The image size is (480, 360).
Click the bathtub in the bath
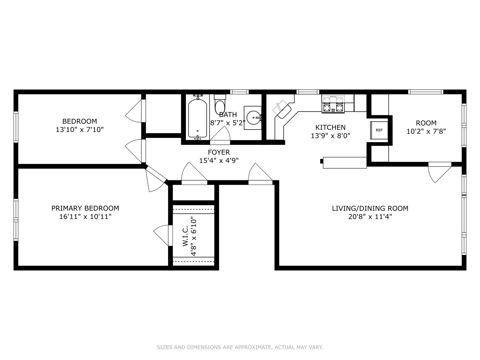coord(197,118)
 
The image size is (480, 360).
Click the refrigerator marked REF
coord(379,130)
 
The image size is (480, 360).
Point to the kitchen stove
coord(333,104)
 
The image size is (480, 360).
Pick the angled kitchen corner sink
coord(282,109)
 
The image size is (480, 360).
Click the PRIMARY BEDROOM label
coord(85,208)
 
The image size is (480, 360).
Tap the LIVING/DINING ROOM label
coord(370,208)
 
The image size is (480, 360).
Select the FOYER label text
coord(219,152)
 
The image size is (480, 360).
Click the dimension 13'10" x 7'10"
coord(79,130)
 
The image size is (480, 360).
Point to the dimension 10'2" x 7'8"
coord(426,131)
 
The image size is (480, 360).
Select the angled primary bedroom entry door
coord(156,179)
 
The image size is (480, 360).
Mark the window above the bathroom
coord(239,92)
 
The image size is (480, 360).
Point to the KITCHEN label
coord(330,127)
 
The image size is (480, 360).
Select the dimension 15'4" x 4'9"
coord(219,161)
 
